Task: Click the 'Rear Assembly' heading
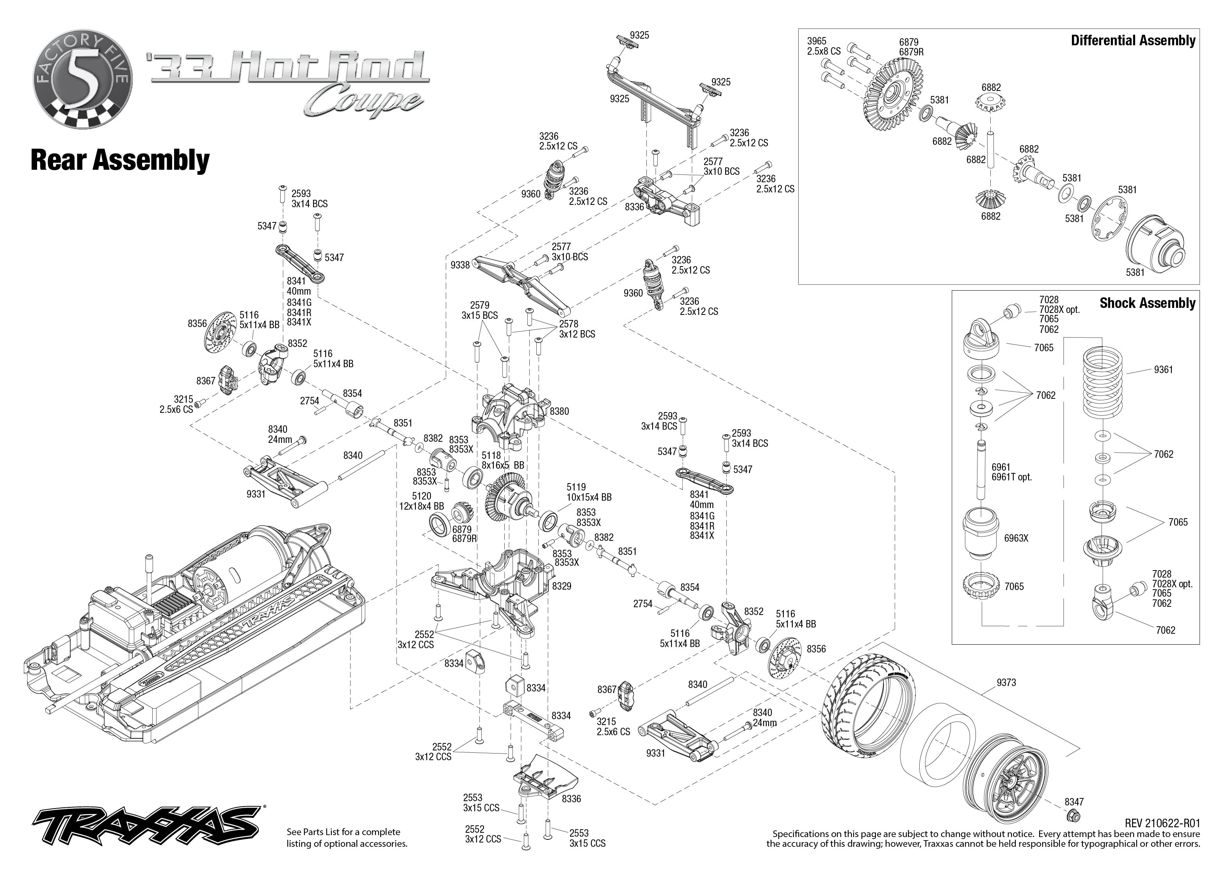tap(120, 160)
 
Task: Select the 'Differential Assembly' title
tap(1133, 41)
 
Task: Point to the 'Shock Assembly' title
tap(1147, 303)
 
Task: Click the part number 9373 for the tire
tap(1006, 683)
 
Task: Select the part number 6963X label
tap(1016, 539)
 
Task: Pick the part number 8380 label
tap(559, 411)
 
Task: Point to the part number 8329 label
tap(561, 586)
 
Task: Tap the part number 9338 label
tap(460, 265)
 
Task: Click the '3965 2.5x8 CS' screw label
tap(823, 46)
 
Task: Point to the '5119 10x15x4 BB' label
tap(589, 492)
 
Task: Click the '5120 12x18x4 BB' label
tap(421, 501)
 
